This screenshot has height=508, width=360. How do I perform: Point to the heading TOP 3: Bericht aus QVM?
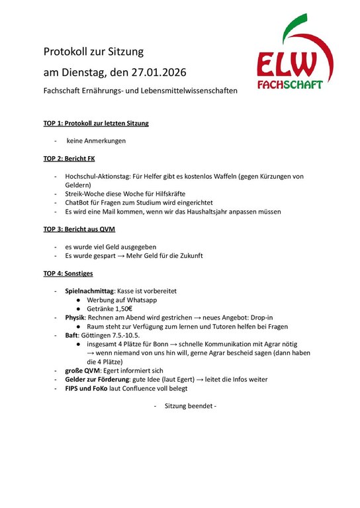[79, 229]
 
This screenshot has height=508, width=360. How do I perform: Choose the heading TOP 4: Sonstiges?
[68, 273]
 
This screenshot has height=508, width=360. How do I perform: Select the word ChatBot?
[79, 202]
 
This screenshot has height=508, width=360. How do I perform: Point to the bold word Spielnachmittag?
[89, 290]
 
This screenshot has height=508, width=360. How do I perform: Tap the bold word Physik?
[75, 317]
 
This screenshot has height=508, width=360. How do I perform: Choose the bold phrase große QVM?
[82, 371]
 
